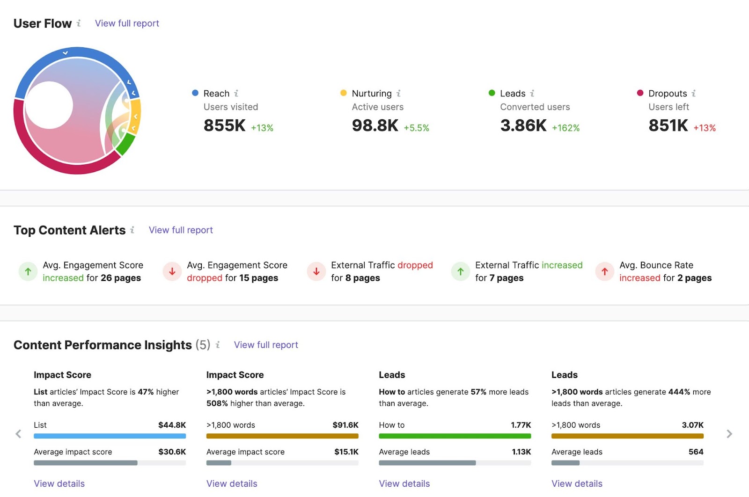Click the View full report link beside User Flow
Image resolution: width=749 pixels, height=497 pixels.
tap(127, 23)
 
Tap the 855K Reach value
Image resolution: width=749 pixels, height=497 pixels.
tap(224, 125)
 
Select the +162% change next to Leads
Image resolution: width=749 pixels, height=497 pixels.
tap(565, 128)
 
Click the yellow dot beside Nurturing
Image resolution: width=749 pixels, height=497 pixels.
tap(343, 93)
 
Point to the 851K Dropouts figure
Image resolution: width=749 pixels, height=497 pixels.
tap(668, 125)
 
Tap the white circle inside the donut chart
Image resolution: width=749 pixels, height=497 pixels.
tap(49, 105)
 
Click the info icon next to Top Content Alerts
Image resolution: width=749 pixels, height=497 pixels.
tap(132, 230)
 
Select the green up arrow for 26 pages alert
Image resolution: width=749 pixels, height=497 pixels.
tap(28, 271)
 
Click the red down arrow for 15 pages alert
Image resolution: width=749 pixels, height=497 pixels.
tap(172, 271)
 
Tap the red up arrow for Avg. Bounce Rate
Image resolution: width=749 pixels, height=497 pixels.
tap(605, 271)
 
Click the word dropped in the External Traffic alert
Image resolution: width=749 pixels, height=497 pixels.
tap(415, 265)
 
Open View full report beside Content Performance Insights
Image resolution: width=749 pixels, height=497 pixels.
tap(266, 345)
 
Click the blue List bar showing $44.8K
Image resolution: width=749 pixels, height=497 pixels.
tap(110, 436)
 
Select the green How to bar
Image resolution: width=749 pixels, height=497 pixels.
tap(455, 436)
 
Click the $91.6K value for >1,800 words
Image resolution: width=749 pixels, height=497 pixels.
tap(345, 425)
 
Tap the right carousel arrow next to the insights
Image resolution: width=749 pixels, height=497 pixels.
tap(729, 434)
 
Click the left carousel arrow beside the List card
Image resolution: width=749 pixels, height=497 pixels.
tap(18, 434)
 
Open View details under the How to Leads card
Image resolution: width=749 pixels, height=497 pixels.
tap(404, 483)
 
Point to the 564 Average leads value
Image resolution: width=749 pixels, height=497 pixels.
tap(696, 452)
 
